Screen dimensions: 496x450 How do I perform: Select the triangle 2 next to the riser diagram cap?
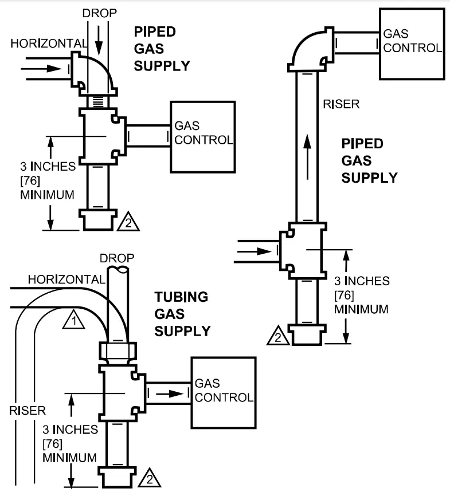278,336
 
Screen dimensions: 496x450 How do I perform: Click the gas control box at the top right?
412,43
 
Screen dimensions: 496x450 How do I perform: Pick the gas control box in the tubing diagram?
223,392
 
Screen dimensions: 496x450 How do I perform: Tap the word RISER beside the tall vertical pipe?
341,104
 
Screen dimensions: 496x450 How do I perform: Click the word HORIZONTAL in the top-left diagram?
49,44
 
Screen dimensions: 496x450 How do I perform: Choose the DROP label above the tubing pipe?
117,258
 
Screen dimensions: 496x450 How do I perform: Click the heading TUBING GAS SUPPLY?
182,314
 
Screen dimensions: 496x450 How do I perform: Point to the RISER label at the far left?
27,410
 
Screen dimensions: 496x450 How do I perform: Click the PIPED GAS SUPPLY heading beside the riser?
370,160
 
